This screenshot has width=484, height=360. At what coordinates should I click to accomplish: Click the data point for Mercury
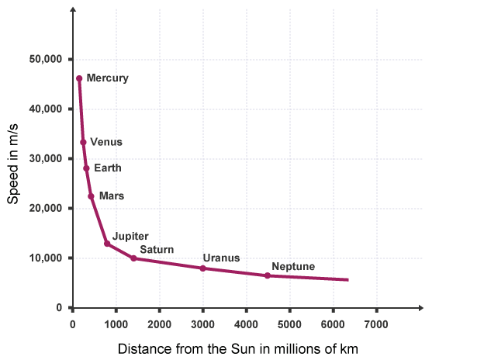(79, 78)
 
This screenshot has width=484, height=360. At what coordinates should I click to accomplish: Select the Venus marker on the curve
(83, 143)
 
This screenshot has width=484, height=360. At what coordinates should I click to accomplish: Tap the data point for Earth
(86, 168)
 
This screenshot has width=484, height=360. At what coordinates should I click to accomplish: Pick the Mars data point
(91, 196)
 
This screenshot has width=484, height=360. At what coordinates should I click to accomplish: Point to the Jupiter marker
(107, 244)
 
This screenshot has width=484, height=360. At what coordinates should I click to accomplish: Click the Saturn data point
(133, 258)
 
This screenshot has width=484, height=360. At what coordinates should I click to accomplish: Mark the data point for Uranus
(202, 268)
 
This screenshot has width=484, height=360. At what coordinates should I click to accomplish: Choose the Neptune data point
(268, 275)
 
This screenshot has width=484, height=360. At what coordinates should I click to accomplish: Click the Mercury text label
(107, 78)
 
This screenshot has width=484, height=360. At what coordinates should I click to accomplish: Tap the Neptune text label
(293, 266)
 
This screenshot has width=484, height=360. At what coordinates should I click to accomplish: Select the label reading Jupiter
(130, 235)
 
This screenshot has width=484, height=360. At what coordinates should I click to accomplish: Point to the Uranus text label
(221, 258)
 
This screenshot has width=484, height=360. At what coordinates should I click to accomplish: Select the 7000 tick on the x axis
(376, 323)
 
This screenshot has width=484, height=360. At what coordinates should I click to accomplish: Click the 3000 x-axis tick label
(202, 323)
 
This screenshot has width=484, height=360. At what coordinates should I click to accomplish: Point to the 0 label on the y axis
(58, 308)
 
